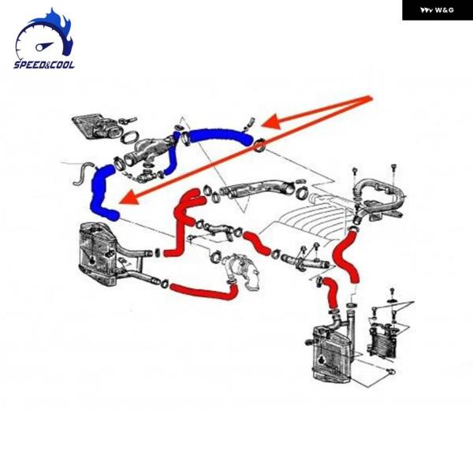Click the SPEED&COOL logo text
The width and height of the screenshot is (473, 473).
(x=44, y=64)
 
